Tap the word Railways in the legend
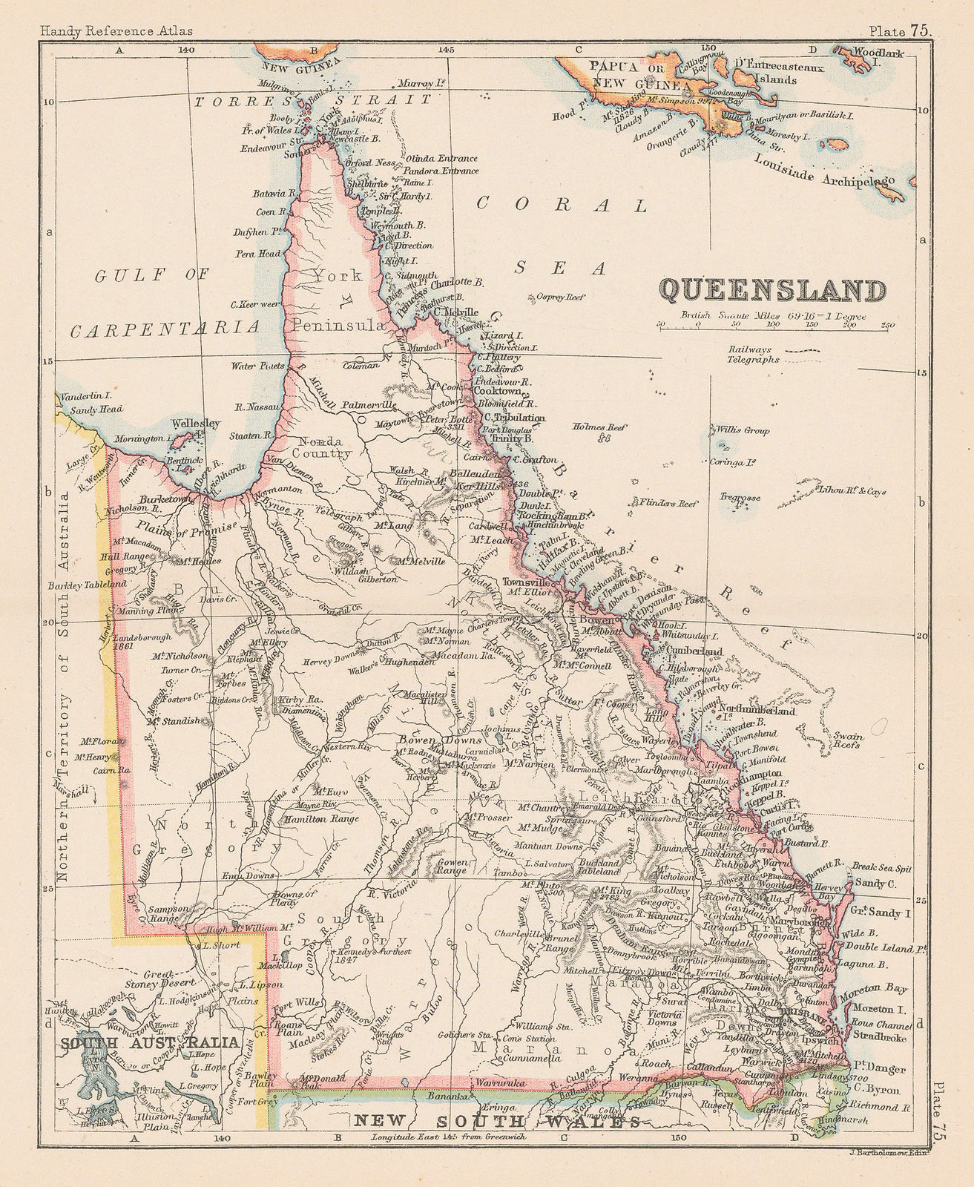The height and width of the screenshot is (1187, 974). (x=751, y=349)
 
